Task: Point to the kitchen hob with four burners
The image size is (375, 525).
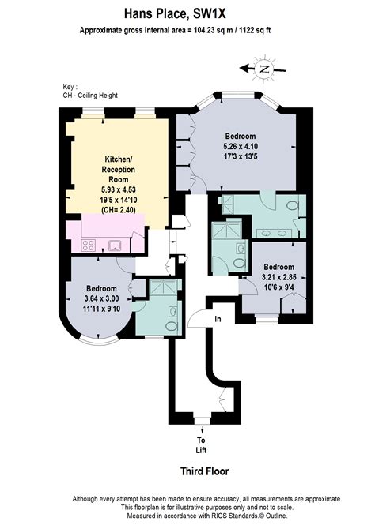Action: tap(88, 244)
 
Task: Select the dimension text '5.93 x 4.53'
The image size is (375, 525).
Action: tap(118, 189)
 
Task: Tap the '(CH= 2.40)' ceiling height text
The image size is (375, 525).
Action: tap(118, 212)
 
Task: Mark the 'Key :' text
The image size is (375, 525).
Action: tap(70, 87)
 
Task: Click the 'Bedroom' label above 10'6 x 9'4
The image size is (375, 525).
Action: tap(279, 267)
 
